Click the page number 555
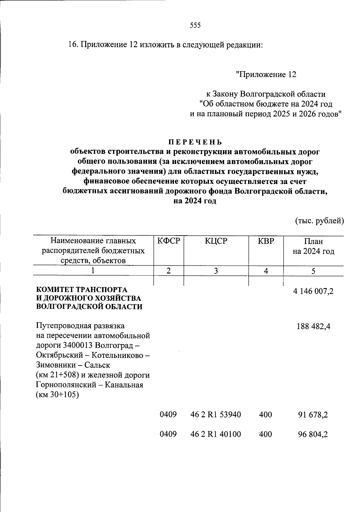tap(195, 25)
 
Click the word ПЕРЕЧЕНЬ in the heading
tap(195, 142)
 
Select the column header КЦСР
tap(216, 241)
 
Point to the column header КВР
tap(266, 241)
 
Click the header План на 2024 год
tap(313, 246)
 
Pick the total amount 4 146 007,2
tap(313, 291)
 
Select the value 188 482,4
tap(313, 326)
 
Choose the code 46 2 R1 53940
tap(216, 415)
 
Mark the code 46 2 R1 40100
tap(216, 434)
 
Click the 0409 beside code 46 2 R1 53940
tap(168, 415)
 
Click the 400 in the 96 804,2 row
tap(265, 434)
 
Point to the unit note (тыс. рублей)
tap(319, 221)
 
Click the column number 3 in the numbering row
tap(216, 271)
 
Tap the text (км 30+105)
tap(57, 395)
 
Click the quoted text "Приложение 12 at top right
tap(266, 74)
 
